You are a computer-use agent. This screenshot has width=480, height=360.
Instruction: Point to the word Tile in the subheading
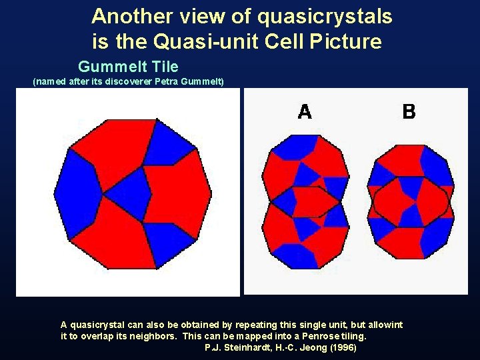tap(165, 67)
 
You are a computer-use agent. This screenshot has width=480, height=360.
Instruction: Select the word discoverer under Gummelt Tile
tap(129, 82)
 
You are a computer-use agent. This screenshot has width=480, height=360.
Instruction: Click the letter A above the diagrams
tap(305, 112)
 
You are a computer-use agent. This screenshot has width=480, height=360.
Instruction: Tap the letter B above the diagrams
tap(409, 112)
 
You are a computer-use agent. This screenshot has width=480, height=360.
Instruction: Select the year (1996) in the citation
tap(343, 348)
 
